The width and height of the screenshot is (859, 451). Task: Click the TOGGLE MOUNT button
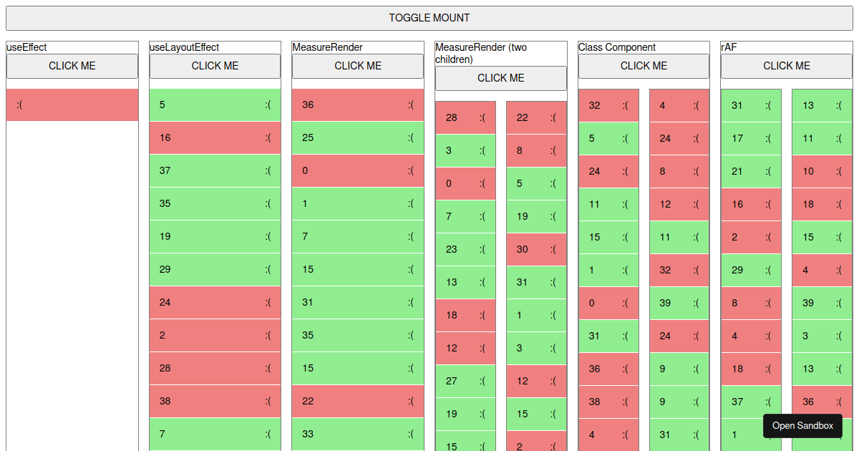pos(429,18)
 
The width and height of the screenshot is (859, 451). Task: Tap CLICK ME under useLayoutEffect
pos(215,66)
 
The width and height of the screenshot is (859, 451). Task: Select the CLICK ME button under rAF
pos(786,66)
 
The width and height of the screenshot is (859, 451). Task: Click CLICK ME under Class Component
pos(644,66)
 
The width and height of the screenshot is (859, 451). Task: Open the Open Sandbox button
pos(802,425)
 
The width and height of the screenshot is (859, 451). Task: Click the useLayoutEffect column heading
pos(184,47)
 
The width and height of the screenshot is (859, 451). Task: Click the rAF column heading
pos(729,47)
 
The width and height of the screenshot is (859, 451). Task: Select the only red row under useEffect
pos(72,105)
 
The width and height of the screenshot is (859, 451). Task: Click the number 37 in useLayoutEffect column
pos(165,170)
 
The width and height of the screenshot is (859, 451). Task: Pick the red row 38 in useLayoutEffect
pos(215,401)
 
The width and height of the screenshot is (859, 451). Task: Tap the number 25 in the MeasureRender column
pos(308,137)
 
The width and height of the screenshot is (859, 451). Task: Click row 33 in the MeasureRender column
pos(358,434)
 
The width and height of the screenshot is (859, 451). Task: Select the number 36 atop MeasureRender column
pos(308,105)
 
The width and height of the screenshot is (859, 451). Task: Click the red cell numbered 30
pos(536,249)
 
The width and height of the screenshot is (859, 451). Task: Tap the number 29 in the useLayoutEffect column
pos(165,269)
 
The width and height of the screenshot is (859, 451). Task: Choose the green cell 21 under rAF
pos(750,171)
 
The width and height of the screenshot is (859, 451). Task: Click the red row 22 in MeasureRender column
pos(358,401)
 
